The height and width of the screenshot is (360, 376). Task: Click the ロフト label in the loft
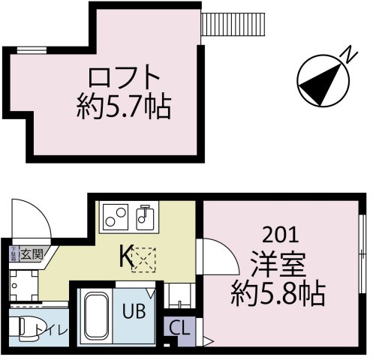(x=125, y=79)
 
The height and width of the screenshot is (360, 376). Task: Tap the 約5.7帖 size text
(x=125, y=108)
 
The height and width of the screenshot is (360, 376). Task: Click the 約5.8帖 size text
(x=277, y=292)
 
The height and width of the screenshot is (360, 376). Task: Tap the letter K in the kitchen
(x=125, y=256)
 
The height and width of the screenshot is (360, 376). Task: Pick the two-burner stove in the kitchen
(x=116, y=217)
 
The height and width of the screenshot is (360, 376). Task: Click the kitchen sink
(x=144, y=217)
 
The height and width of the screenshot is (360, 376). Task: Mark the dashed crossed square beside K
(x=142, y=259)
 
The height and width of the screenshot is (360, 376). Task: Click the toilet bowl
(x=27, y=328)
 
